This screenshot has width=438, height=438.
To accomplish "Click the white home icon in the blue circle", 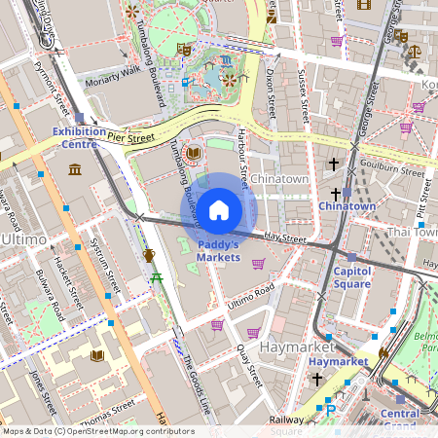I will (219, 209).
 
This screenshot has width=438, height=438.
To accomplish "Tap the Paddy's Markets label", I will (218, 251).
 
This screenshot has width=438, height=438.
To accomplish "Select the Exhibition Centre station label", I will (80, 137).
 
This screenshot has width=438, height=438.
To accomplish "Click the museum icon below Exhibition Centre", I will (75, 171).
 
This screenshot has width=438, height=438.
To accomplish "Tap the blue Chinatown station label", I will (347, 206).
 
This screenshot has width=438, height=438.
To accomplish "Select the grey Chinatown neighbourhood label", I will (279, 179).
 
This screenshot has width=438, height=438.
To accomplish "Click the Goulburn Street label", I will (387, 166).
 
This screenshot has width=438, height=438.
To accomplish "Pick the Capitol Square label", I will (352, 277).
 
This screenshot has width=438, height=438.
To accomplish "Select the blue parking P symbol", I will (330, 412).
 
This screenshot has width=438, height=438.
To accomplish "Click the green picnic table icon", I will (156, 280).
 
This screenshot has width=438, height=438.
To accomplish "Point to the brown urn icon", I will (149, 255).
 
